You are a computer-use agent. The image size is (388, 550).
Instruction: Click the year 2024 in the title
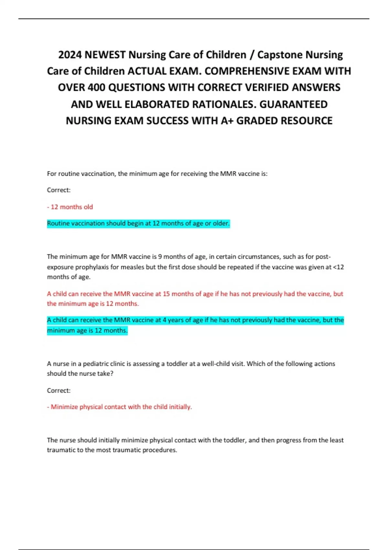[x=70, y=55]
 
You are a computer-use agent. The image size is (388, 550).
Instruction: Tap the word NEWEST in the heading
[x=105, y=55]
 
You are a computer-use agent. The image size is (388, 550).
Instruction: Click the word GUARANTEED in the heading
[x=294, y=104]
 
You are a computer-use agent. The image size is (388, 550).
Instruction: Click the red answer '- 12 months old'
[x=70, y=207]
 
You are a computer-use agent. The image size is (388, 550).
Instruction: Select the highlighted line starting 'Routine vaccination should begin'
[x=138, y=223]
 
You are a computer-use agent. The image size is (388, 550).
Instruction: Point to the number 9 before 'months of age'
[x=160, y=257]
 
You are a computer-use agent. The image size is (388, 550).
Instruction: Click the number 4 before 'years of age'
[x=164, y=320]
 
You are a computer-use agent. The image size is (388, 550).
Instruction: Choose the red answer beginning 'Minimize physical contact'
[x=120, y=407]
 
